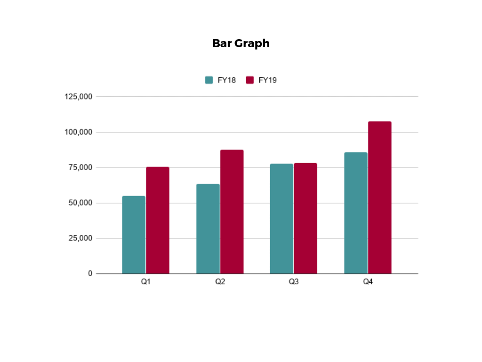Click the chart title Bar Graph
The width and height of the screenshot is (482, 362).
pyautogui.click(x=241, y=43)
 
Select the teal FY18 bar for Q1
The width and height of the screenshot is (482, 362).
pyautogui.click(x=134, y=235)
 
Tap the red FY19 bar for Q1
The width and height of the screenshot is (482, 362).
pyautogui.click(x=158, y=220)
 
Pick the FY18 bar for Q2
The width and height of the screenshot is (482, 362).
pyautogui.click(x=208, y=229)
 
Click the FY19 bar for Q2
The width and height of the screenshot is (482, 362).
pyautogui.click(x=232, y=212)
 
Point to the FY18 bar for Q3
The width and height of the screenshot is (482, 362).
pyautogui.click(x=281, y=219)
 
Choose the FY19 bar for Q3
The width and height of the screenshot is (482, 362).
pyautogui.click(x=305, y=218)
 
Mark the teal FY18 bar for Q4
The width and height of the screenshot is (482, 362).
pyautogui.click(x=356, y=213)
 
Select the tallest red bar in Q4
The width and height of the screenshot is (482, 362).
pyautogui.click(x=380, y=197)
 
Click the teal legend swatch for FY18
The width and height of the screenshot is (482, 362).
pyautogui.click(x=209, y=80)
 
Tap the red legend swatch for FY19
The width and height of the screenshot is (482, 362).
pyautogui.click(x=250, y=80)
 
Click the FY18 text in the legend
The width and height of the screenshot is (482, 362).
pyautogui.click(x=226, y=80)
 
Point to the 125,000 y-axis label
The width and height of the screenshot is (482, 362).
pyautogui.click(x=78, y=97)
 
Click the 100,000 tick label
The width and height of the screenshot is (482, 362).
pyautogui.click(x=78, y=132)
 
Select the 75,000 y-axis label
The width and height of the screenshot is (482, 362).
pyautogui.click(x=80, y=167)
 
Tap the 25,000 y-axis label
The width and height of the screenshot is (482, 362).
pyautogui.click(x=80, y=238)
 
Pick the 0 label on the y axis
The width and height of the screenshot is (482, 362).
pyautogui.click(x=90, y=273)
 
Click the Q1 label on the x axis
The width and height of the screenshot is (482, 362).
pyautogui.click(x=145, y=282)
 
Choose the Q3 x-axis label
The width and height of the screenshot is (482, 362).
pyautogui.click(x=294, y=282)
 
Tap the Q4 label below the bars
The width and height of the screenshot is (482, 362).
pyautogui.click(x=368, y=282)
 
